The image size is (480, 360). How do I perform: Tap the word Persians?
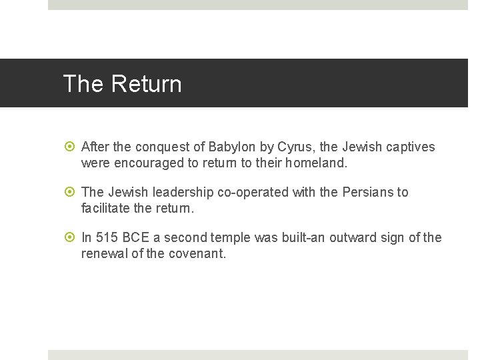point(367,192)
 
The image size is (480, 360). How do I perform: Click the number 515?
point(107,237)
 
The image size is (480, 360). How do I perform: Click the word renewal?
point(105,253)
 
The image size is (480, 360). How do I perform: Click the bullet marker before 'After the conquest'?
point(70,147)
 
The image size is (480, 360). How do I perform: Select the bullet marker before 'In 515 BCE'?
point(70,237)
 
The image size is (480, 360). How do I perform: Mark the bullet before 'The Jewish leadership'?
point(70,192)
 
